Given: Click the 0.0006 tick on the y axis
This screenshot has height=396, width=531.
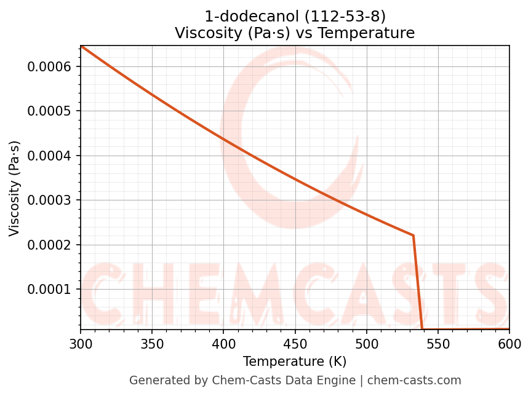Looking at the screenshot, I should tap(50, 66).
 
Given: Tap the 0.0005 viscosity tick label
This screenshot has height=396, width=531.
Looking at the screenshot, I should tap(50, 111).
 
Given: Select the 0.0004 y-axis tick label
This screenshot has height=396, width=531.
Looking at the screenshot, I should tap(50, 156).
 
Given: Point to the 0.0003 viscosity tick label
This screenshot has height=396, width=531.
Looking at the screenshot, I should tap(50, 200).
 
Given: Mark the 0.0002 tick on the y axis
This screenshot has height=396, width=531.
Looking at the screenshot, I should tap(50, 245).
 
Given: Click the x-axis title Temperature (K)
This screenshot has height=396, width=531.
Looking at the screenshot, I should tap(295, 362).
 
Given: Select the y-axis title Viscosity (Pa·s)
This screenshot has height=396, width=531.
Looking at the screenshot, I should tap(15, 188).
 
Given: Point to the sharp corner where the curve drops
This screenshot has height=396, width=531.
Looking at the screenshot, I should tap(413, 236).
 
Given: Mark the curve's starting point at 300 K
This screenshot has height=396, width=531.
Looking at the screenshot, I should tap(81, 46).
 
